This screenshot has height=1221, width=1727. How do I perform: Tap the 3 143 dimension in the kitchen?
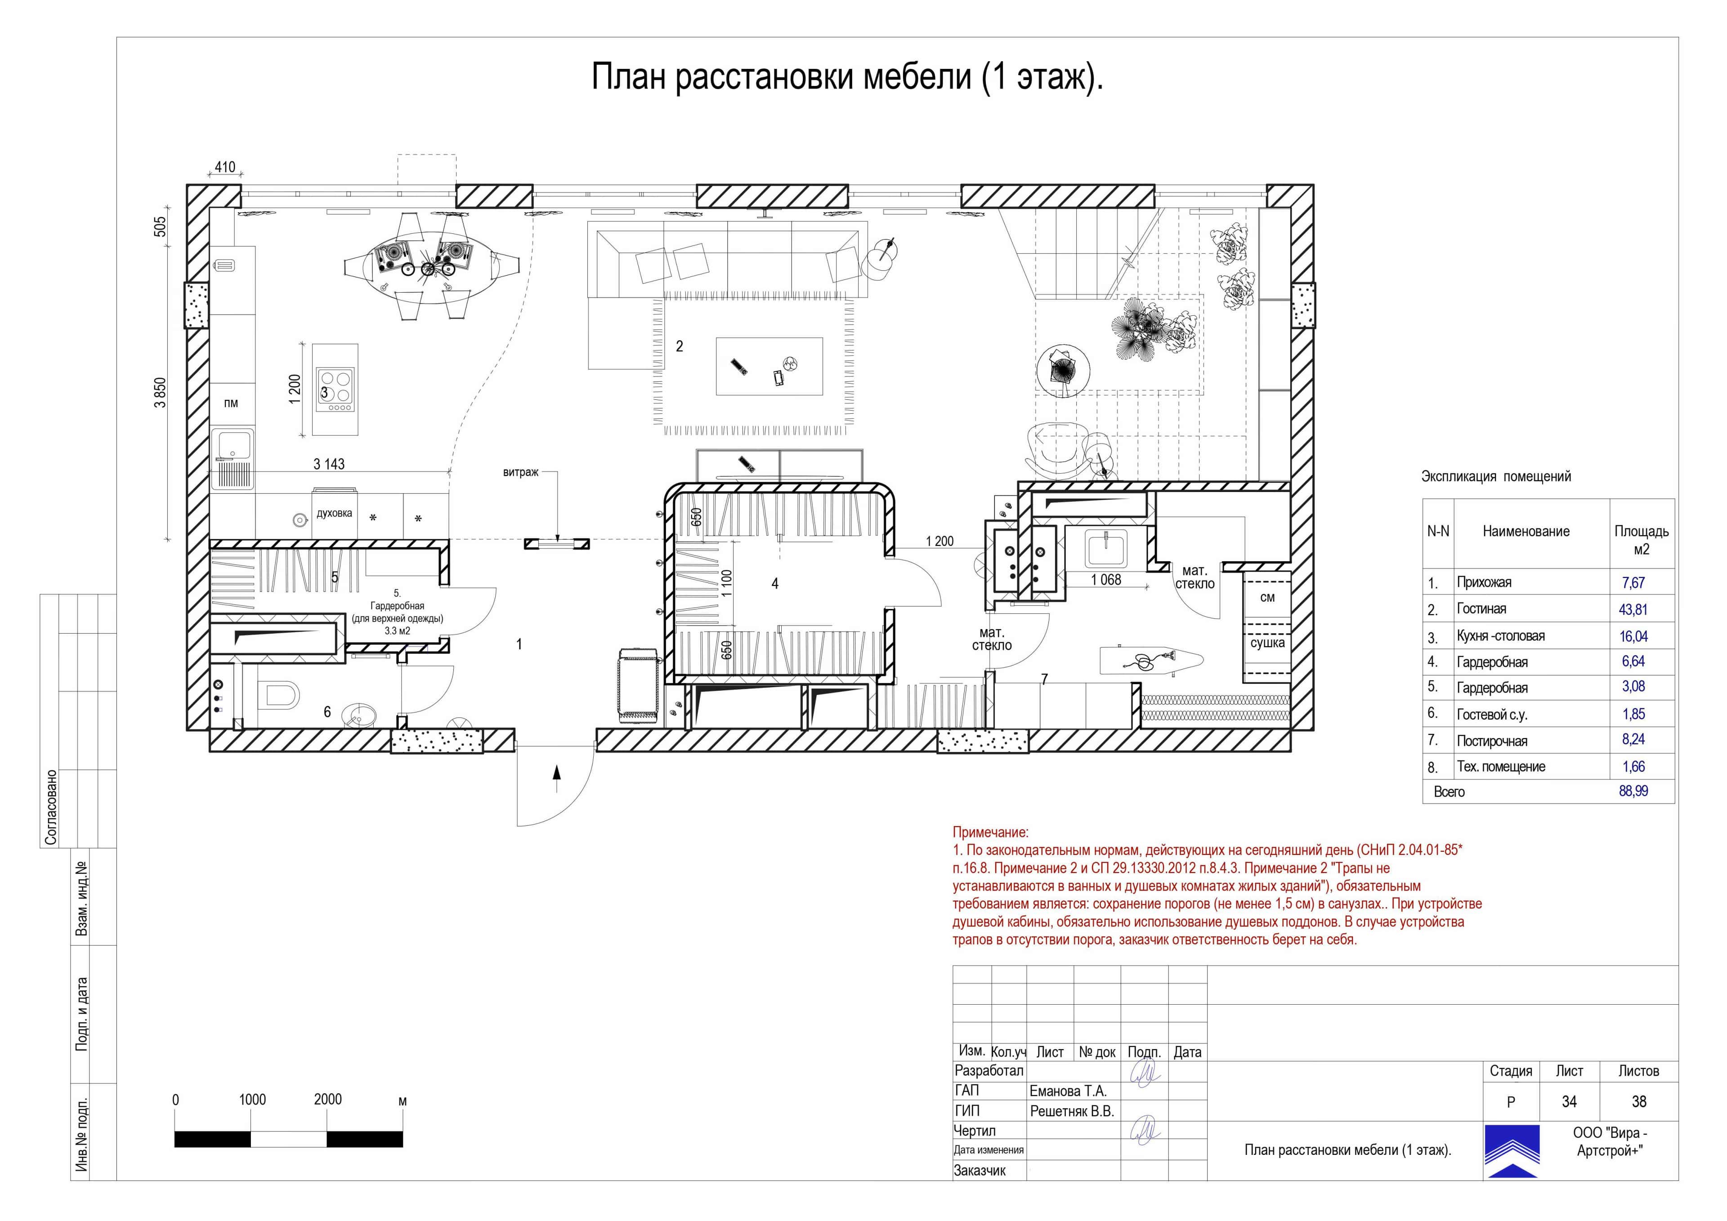pos(329,464)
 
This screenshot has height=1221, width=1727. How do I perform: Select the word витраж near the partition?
pos(520,473)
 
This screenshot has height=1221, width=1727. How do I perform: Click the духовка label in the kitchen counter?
pos(334,513)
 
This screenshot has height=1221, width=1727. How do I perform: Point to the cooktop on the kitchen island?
pos(335,390)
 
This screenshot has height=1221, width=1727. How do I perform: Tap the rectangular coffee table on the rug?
pos(769,366)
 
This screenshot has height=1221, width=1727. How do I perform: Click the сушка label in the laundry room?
pos(1267,643)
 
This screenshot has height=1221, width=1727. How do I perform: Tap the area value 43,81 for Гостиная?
pos(1633,609)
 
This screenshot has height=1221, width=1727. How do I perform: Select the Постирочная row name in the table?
pos(1492,741)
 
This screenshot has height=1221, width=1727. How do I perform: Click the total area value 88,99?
pos(1633,792)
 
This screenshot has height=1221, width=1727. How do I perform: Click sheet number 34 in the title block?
pos(1569,1101)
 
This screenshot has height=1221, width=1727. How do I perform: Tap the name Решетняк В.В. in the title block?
pos(1071,1111)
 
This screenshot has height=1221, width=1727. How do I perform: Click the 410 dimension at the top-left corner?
pos(225,167)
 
